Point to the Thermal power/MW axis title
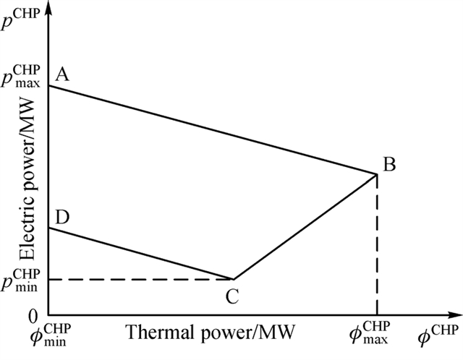pos(210,333)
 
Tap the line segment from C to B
pos(304,226)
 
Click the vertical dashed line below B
pos(376,246)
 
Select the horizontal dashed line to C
pos(137,279)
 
